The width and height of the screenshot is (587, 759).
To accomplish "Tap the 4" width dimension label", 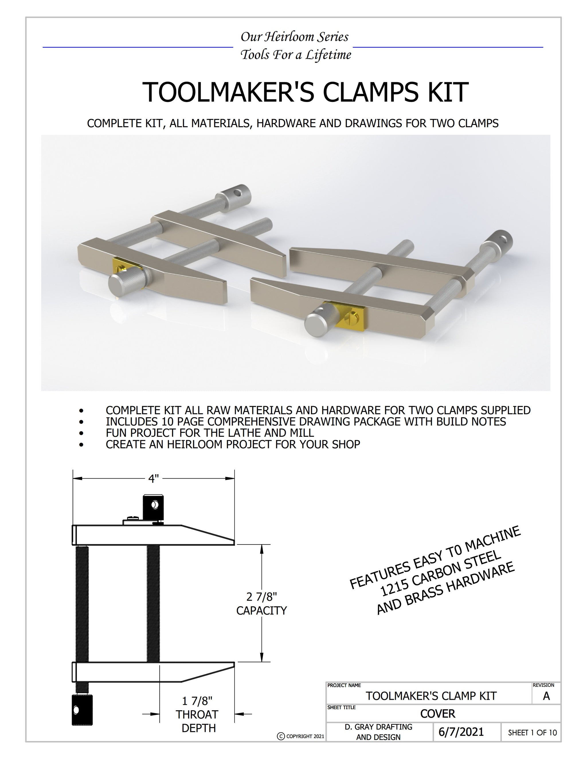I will pyautogui.click(x=153, y=479).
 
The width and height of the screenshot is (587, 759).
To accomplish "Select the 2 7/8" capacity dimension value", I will pyautogui.click(x=261, y=597).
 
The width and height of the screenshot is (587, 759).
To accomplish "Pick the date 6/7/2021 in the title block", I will pyautogui.click(x=461, y=732).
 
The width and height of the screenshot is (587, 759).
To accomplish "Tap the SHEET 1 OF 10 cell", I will pyautogui.click(x=532, y=733).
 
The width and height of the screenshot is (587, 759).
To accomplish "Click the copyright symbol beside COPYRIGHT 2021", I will pyautogui.click(x=281, y=736).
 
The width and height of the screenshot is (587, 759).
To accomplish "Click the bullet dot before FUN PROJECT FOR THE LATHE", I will pyautogui.click(x=81, y=433).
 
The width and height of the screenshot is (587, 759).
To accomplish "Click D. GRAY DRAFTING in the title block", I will pyautogui.click(x=378, y=727).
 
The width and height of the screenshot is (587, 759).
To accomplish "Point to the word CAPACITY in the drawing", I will pyautogui.click(x=261, y=610).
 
